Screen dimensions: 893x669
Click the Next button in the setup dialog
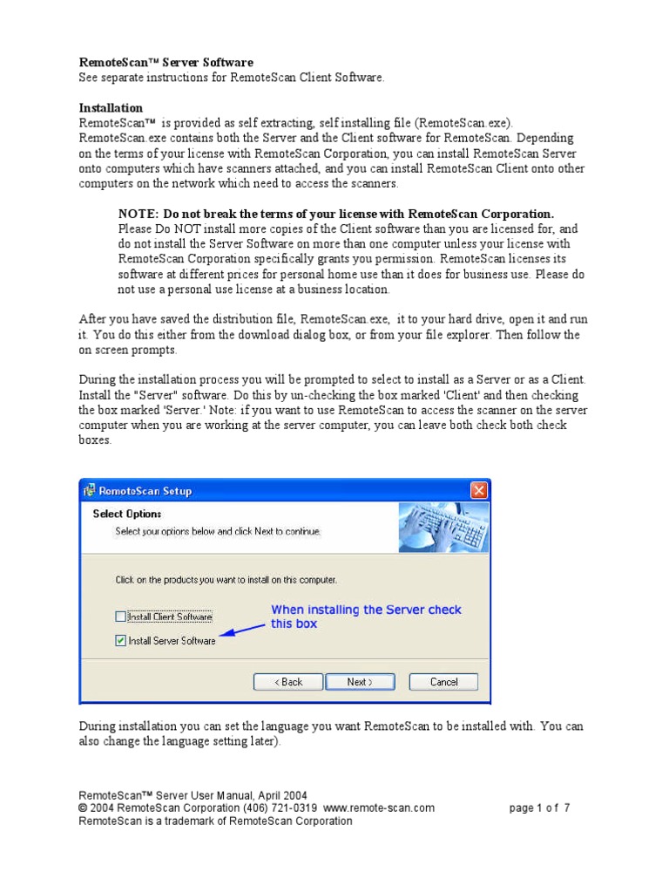[x=360, y=682]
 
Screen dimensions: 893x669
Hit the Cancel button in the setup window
[x=444, y=682]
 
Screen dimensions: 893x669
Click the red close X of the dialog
[x=478, y=491]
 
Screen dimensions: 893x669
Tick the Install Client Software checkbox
[x=121, y=617]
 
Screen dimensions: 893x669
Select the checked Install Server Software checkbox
[x=121, y=640]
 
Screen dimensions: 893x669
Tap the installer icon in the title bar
[x=90, y=491]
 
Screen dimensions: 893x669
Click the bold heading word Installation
[x=111, y=108]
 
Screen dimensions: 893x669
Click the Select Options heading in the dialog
[x=127, y=514]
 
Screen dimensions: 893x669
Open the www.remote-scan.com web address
[x=379, y=808]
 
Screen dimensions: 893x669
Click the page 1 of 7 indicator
[x=540, y=808]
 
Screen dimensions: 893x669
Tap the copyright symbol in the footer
[x=84, y=808]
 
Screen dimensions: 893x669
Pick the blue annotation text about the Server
[x=366, y=617]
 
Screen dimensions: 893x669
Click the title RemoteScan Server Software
[x=166, y=63]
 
